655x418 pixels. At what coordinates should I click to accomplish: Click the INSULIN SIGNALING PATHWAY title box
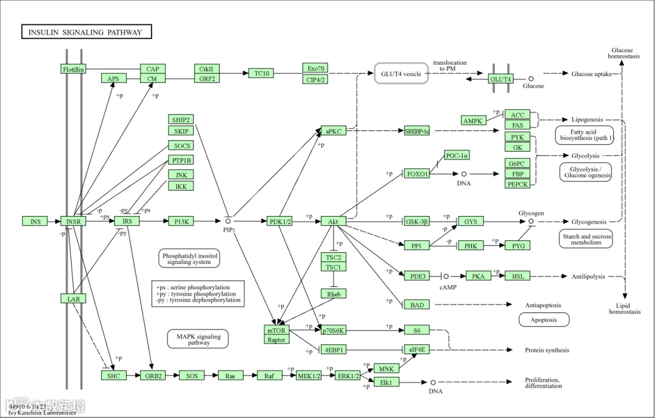point(86,32)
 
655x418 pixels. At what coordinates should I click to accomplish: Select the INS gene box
point(35,221)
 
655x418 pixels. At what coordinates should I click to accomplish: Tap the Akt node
point(333,221)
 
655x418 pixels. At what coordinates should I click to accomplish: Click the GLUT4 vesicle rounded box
point(401,74)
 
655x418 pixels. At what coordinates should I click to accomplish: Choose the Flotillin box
point(73,69)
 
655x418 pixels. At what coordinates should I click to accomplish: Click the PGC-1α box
point(457,155)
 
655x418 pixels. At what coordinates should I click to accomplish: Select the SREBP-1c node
point(417,130)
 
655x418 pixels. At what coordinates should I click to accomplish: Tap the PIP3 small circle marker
point(229,221)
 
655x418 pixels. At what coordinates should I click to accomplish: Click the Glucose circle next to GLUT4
point(531,79)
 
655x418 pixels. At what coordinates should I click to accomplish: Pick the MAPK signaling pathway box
point(198,339)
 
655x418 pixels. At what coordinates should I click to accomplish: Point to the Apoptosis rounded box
point(543,320)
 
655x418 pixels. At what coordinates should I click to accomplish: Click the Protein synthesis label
point(546,350)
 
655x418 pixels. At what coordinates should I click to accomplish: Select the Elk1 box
point(386,382)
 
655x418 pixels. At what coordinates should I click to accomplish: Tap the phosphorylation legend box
point(199,293)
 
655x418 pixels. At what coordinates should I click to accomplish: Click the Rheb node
point(333,294)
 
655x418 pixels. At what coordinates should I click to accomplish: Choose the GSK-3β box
point(417,221)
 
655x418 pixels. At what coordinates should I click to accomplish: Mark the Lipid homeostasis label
point(624,309)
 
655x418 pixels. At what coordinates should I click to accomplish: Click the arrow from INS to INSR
point(54,221)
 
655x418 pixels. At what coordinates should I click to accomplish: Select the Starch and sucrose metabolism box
point(585,239)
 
